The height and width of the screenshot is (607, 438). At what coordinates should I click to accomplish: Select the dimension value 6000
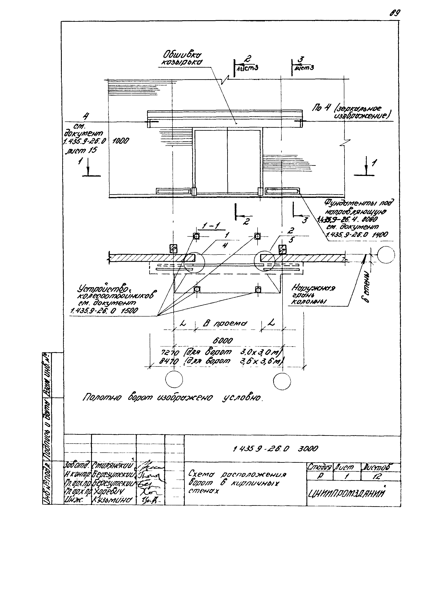(x=222, y=341)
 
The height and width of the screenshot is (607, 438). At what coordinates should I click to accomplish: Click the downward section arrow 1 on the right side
(x=366, y=166)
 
